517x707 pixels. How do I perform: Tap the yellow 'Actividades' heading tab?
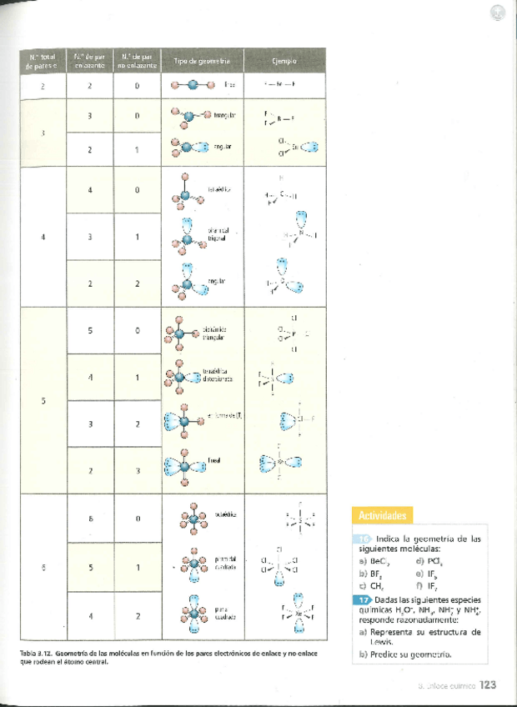click(x=382, y=515)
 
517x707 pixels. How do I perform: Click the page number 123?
click(x=488, y=684)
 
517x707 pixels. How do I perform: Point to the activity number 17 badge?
click(x=364, y=600)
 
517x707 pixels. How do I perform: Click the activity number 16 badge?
click(x=365, y=539)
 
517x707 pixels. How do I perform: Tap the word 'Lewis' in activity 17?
click(x=383, y=643)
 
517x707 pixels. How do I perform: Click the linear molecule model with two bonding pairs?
click(x=193, y=84)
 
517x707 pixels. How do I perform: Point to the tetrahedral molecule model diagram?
click(x=184, y=191)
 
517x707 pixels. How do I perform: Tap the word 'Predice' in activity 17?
click(x=387, y=654)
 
